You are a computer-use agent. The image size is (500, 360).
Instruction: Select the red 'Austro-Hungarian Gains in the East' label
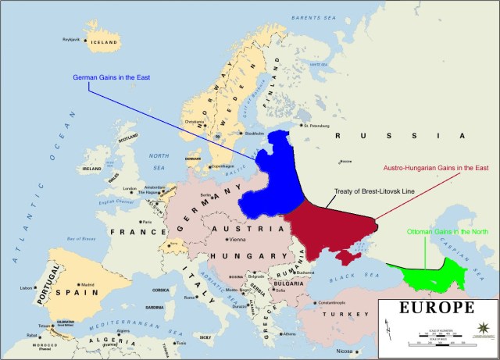(435, 167)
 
